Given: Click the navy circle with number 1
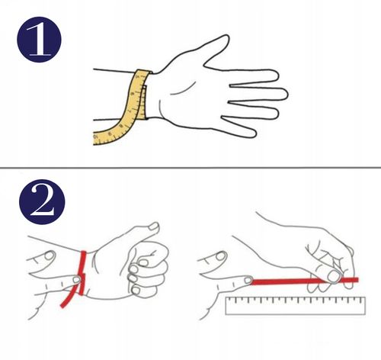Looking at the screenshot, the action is pyautogui.click(x=39, y=40).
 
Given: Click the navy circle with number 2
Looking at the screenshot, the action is pyautogui.click(x=42, y=202).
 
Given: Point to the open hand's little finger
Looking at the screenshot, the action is pyautogui.click(x=239, y=127).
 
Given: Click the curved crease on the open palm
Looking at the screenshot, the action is pyautogui.click(x=184, y=89).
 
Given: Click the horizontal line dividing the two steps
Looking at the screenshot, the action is pyautogui.click(x=190, y=168).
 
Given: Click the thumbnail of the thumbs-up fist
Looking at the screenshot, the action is pyautogui.click(x=154, y=227).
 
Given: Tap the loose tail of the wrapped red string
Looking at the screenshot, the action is pyautogui.click(x=68, y=299).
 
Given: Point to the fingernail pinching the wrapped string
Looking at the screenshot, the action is pyautogui.click(x=76, y=280).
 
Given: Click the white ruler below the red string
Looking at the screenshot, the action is pyautogui.click(x=296, y=306).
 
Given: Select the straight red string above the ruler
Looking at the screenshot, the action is pyautogui.click(x=305, y=281).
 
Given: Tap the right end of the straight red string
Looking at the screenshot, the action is pyautogui.click(x=357, y=280).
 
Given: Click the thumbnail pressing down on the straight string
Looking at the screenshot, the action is pyautogui.click(x=335, y=276).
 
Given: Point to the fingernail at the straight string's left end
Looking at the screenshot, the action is pyautogui.click(x=248, y=281).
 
